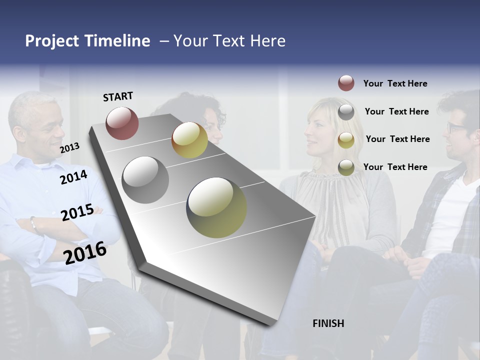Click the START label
click(118, 96)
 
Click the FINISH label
click(328, 323)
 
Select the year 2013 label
click(69, 147)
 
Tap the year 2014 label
click(73, 177)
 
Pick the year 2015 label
click(77, 212)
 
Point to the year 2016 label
click(85, 252)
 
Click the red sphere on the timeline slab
click(122, 123)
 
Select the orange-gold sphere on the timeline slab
click(189, 140)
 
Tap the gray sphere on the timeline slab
click(145, 179)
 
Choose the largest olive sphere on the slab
click(216, 207)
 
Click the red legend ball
click(346, 83)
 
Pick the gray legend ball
click(346, 112)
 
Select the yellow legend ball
click(346, 140)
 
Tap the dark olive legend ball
click(346, 167)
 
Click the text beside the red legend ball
click(395, 83)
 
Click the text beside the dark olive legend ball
click(395, 167)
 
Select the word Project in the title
click(52, 41)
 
